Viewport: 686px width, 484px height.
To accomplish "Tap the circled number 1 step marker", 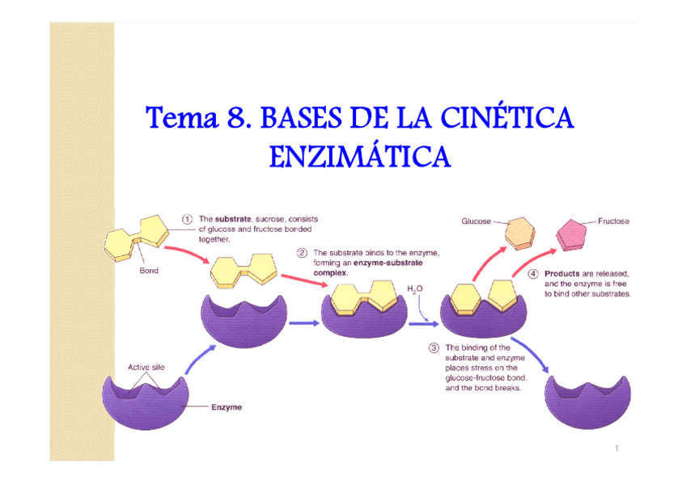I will click(187, 218).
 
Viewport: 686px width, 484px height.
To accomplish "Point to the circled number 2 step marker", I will click(301, 252).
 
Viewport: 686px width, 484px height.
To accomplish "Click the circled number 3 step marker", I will click(434, 348).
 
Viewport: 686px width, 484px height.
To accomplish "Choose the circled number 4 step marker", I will click(534, 273).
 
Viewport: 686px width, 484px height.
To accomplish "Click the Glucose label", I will click(476, 220).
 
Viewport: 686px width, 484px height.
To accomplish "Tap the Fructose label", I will click(614, 220).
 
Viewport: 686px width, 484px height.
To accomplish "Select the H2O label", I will click(414, 288).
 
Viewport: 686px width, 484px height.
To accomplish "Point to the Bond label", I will click(149, 271).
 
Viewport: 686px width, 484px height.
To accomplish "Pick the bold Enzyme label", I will click(227, 407).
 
